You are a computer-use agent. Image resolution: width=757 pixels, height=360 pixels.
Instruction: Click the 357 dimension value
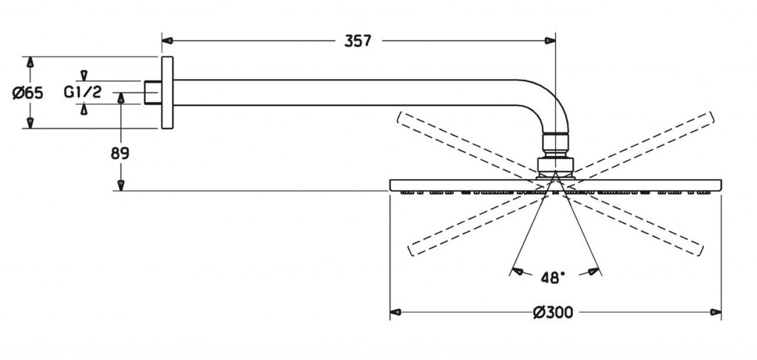click(x=358, y=41)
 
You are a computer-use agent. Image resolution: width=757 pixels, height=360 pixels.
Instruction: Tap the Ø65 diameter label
click(x=28, y=93)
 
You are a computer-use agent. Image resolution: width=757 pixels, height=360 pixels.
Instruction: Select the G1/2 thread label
click(x=82, y=92)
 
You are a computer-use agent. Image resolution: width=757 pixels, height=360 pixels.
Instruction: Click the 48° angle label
click(x=554, y=277)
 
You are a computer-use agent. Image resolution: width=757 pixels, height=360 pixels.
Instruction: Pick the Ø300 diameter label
click(x=554, y=312)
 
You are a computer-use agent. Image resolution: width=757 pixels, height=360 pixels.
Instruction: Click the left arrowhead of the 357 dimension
click(x=167, y=41)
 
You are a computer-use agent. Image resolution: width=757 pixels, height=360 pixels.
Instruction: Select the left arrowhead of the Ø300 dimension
click(x=396, y=312)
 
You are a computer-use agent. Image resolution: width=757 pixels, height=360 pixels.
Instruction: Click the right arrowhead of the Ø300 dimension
click(x=716, y=312)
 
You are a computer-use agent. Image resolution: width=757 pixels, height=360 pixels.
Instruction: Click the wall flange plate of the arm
click(x=166, y=92)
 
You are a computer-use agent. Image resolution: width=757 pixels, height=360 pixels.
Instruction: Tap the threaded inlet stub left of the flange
click(x=152, y=92)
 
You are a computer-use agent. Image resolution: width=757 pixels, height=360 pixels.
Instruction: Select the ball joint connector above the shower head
click(x=556, y=152)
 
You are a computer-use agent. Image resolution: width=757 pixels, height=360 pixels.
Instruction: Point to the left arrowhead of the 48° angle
click(x=517, y=272)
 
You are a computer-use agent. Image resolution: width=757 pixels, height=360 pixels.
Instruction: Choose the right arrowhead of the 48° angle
click(x=593, y=272)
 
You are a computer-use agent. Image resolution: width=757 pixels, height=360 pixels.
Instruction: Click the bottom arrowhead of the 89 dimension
click(x=121, y=186)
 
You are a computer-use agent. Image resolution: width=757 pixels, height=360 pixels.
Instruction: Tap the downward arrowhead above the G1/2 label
click(x=84, y=75)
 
